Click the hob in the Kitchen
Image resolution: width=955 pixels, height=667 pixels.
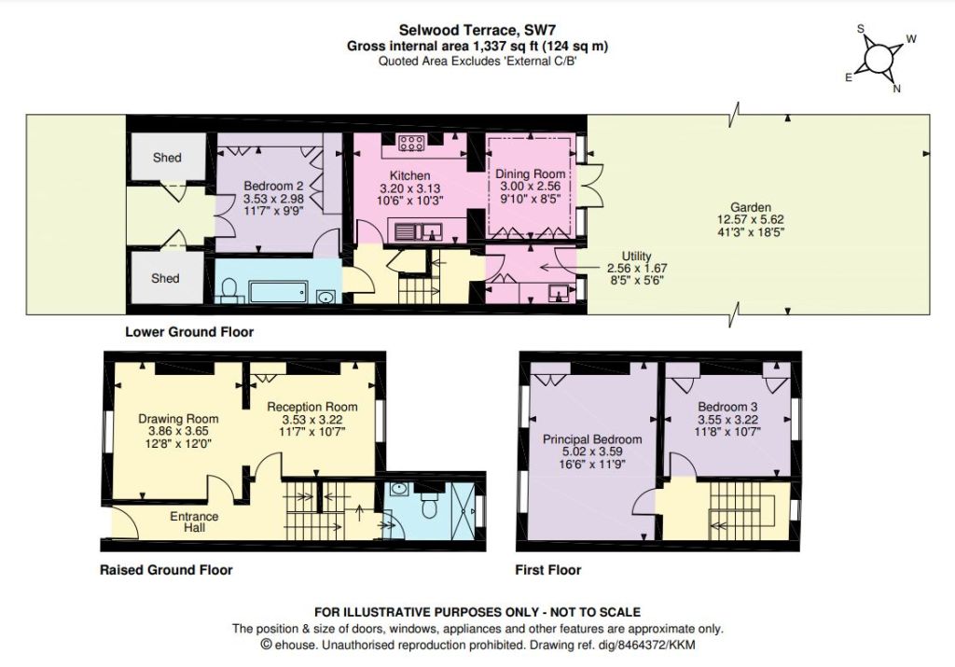click(411, 144)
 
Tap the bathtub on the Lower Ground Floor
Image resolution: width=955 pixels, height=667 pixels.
click(278, 292)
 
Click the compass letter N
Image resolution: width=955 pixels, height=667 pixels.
click(896, 89)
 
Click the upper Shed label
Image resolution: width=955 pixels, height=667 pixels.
click(167, 158)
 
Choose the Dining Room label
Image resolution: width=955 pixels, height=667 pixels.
click(530, 174)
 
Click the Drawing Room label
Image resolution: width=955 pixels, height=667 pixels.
click(178, 419)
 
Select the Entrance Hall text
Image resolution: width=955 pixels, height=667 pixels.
click(194, 522)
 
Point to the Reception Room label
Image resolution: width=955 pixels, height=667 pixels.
click(311, 407)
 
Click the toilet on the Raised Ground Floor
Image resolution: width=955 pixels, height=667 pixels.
click(429, 507)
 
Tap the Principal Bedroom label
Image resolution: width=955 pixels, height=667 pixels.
click(592, 439)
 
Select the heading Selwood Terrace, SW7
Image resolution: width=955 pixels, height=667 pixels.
click(477, 30)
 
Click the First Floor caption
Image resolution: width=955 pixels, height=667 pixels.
click(548, 570)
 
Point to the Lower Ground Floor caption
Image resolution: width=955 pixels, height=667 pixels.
click(189, 332)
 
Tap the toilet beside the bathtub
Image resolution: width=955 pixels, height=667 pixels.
click(229, 290)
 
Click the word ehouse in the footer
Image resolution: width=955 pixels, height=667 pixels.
click(295, 645)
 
